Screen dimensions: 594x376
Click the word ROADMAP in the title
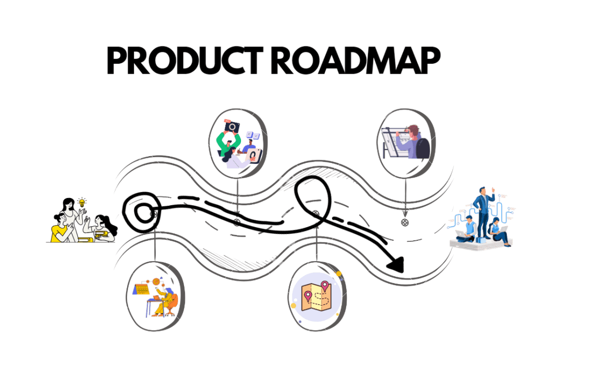pyautogui.click(x=356, y=62)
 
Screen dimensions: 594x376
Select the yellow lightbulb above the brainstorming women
pyautogui.click(x=82, y=202)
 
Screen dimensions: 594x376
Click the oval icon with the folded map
pyautogui.click(x=316, y=296)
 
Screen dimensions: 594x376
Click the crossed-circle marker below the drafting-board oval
pyautogui.click(x=404, y=222)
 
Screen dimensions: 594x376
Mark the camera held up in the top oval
pyautogui.click(x=232, y=126)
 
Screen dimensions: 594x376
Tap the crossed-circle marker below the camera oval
pyautogui.click(x=237, y=222)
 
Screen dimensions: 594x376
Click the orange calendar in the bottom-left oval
pyautogui.click(x=143, y=289)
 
